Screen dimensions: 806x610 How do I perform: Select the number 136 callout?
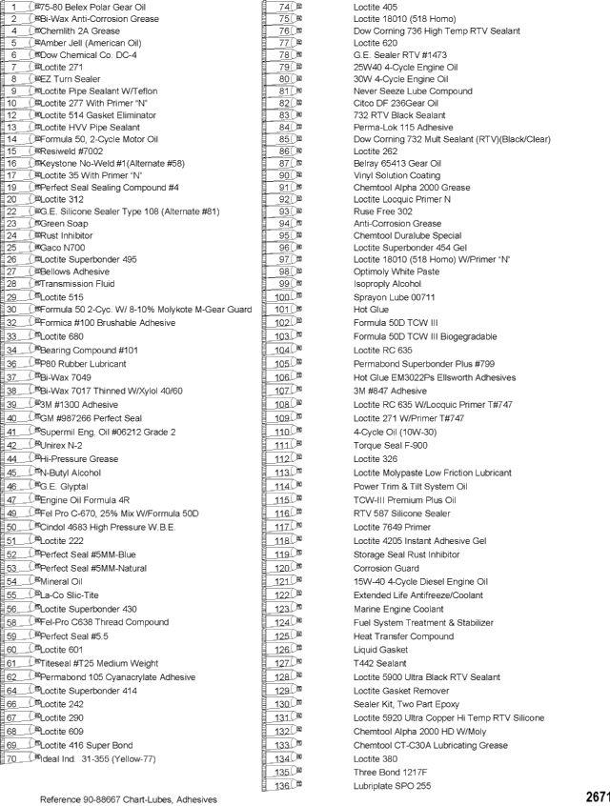click(282, 786)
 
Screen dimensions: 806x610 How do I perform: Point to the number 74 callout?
click(283, 6)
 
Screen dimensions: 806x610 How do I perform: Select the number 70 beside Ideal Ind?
click(14, 758)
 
